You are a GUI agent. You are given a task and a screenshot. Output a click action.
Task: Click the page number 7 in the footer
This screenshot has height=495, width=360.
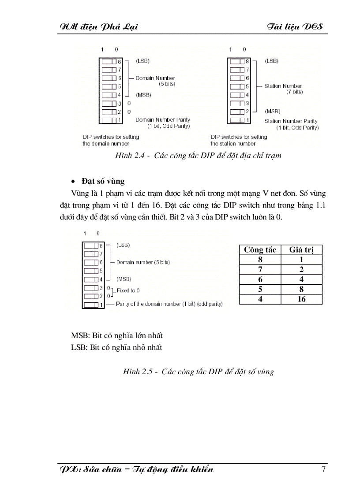pyautogui.click(x=323, y=469)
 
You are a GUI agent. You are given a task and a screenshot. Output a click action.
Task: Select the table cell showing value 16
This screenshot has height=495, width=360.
pyautogui.click(x=301, y=299)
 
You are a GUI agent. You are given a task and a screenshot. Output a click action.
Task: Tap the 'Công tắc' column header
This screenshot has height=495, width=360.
pyautogui.click(x=260, y=250)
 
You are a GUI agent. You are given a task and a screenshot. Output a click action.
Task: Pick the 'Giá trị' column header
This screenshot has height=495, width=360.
pyautogui.click(x=301, y=250)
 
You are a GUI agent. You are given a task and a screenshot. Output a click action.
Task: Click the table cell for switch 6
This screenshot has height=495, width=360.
pyautogui.click(x=260, y=279)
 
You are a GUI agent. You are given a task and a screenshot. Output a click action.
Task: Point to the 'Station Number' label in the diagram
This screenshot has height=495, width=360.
pyautogui.click(x=283, y=86)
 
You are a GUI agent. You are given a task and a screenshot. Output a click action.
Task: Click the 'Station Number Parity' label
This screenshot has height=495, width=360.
pyautogui.click(x=291, y=121)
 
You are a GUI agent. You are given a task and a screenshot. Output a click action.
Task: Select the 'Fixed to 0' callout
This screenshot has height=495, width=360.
pyautogui.click(x=128, y=290)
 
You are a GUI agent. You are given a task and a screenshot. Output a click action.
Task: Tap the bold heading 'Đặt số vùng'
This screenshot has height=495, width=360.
pyautogui.click(x=103, y=181)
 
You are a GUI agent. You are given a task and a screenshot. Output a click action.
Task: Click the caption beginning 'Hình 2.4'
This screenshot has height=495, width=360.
pyautogui.click(x=198, y=155)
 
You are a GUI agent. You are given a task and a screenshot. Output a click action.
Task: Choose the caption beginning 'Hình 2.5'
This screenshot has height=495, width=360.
pyautogui.click(x=198, y=372)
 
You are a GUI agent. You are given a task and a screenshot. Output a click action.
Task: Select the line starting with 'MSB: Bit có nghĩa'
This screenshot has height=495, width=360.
pyautogui.click(x=116, y=336)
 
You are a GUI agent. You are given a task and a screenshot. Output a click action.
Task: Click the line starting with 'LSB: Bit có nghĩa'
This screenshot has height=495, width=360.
pyautogui.click(x=116, y=347)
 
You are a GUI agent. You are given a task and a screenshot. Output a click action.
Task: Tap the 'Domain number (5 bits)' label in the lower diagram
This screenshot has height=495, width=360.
pyautogui.click(x=143, y=262)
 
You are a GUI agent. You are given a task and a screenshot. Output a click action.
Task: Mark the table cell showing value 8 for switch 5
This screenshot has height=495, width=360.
pyautogui.click(x=301, y=290)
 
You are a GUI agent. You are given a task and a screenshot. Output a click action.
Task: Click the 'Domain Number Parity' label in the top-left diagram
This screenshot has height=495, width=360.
pyautogui.click(x=163, y=120)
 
